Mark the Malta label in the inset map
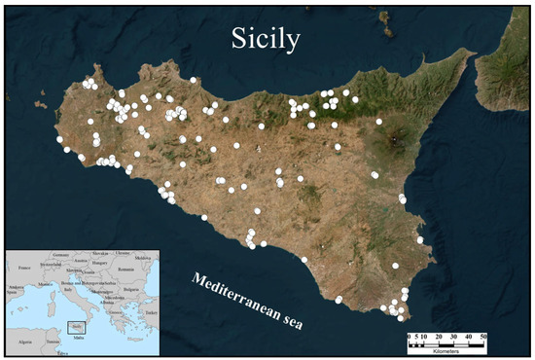pos(80,342)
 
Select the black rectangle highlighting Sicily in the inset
pos(74,327)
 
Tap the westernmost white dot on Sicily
pos(60,139)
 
